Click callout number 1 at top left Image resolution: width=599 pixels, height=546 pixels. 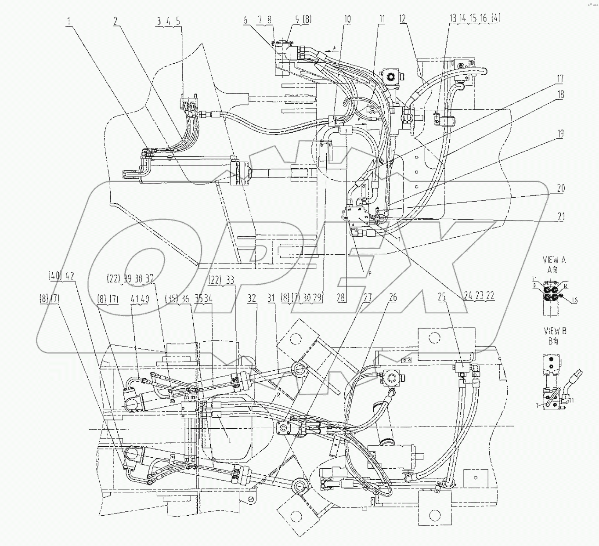(x=69, y=21)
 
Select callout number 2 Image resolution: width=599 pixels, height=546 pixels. (x=116, y=21)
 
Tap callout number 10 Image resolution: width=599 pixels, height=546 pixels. (x=347, y=20)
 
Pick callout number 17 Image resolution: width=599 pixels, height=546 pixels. (x=560, y=80)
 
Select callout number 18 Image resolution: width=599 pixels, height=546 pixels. (x=560, y=95)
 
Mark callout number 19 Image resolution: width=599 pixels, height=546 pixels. (x=560, y=134)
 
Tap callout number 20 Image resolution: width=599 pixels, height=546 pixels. (x=560, y=188)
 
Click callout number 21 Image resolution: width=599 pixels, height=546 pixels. (x=560, y=217)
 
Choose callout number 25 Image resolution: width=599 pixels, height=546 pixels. (x=442, y=298)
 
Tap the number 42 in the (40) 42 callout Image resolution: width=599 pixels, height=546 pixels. (x=70, y=276)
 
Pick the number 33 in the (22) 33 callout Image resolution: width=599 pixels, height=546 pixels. (x=229, y=279)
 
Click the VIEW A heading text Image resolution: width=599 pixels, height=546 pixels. (x=554, y=260)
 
